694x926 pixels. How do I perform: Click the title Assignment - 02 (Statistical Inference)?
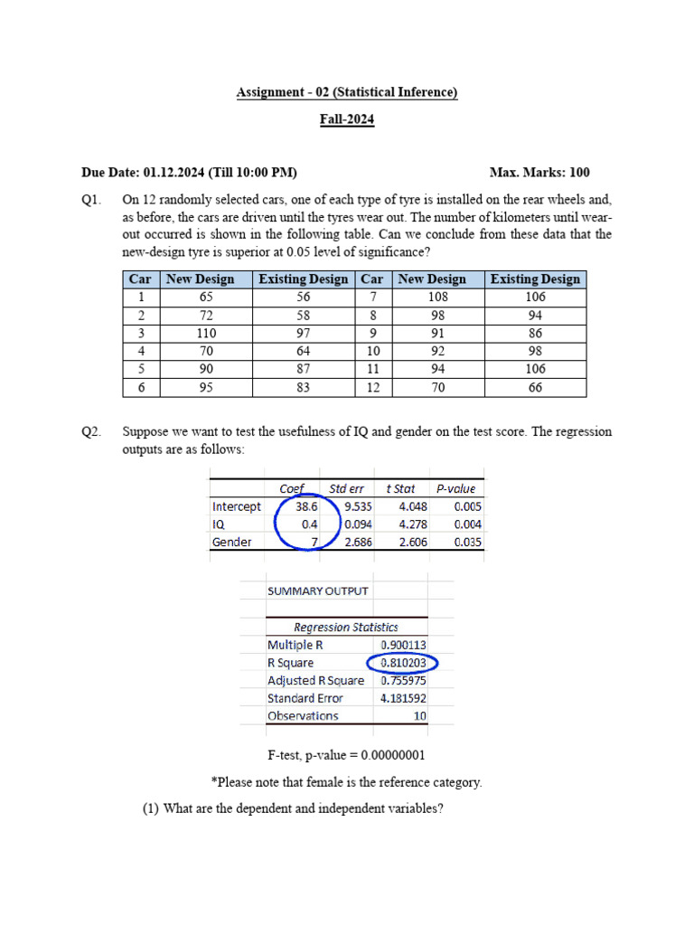click(347, 92)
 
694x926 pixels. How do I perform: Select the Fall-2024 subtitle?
click(347, 119)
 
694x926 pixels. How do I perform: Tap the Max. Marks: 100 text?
click(539, 172)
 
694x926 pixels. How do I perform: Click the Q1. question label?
click(91, 199)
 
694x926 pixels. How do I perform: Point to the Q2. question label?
click(91, 431)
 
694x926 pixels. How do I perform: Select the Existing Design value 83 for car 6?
click(303, 387)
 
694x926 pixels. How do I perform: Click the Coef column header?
click(291, 488)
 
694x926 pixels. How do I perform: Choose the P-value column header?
click(456, 488)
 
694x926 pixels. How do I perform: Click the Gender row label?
click(232, 542)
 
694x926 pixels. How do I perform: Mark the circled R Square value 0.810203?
click(404, 663)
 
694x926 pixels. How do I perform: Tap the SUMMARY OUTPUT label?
click(317, 591)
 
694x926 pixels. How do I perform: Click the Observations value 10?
click(418, 715)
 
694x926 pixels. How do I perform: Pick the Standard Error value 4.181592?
click(404, 698)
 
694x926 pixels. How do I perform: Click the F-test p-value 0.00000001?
click(390, 755)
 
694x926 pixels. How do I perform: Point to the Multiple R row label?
click(295, 645)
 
